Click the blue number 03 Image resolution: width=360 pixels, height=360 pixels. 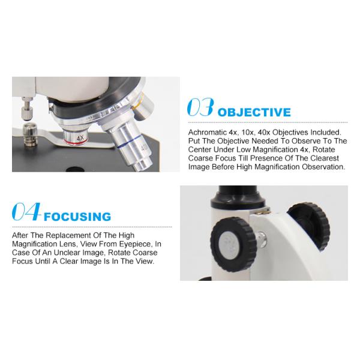point(200,107)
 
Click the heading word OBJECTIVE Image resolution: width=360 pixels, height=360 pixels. point(254,112)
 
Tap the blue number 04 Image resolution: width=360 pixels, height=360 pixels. point(26,211)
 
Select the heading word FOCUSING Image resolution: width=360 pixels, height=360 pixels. point(77,217)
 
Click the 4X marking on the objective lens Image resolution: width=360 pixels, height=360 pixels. point(80,138)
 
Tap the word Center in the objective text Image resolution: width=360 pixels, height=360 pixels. point(200,149)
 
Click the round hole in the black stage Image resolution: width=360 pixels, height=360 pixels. point(75,169)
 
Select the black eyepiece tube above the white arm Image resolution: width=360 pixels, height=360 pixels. point(238,199)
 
